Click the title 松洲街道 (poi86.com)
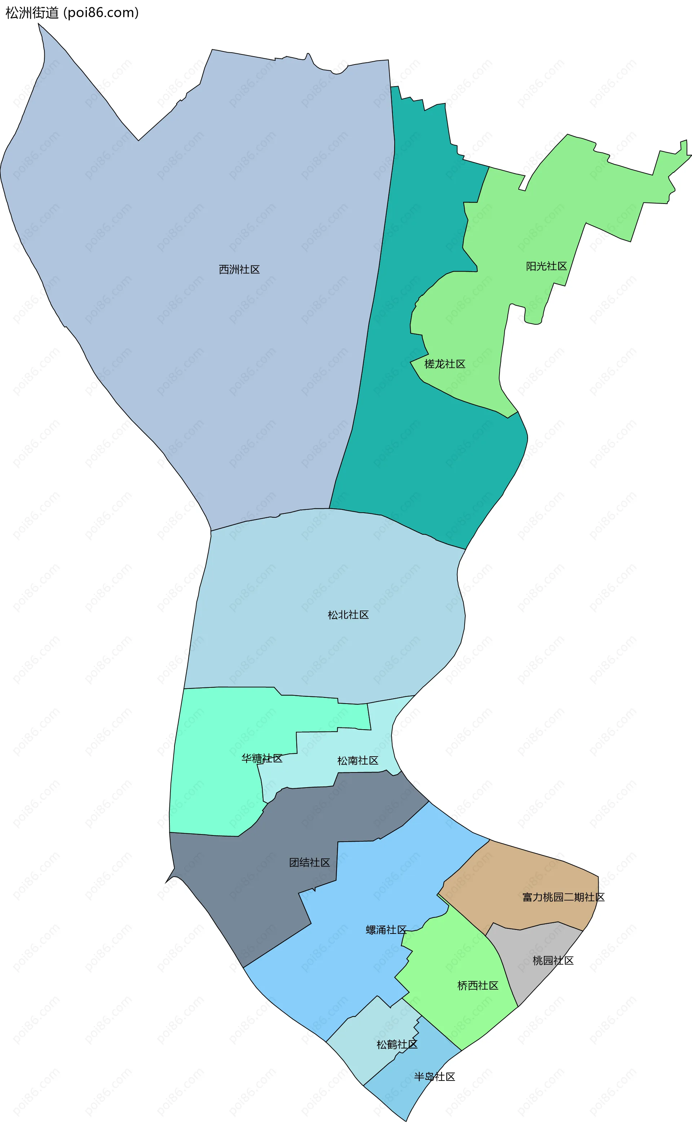point(72,13)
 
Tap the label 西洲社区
point(239,269)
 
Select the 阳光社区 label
point(546,266)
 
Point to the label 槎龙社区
point(444,364)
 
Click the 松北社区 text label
point(348,615)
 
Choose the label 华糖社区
point(262,759)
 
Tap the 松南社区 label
point(358,761)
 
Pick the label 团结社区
point(310,863)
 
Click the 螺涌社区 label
point(386,930)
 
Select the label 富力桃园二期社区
point(563,897)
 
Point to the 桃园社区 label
point(553,961)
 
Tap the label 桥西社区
point(478,986)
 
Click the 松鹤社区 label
point(397,1044)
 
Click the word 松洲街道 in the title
point(32,13)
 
